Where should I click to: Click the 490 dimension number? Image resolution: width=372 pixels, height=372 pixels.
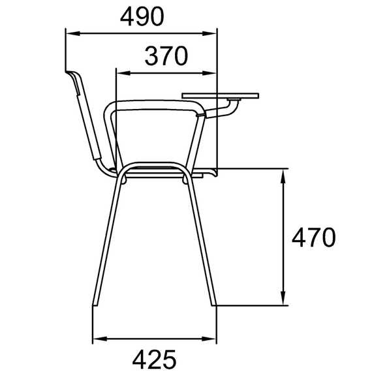click(142, 16)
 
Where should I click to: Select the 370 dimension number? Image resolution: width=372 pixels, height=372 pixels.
click(166, 56)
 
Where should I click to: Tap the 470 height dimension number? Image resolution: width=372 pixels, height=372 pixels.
click(314, 238)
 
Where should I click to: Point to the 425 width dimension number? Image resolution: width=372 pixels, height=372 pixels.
click(154, 359)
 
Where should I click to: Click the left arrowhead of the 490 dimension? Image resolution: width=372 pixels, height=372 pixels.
click(72, 33)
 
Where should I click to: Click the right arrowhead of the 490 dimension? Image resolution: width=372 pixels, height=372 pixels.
click(209, 33)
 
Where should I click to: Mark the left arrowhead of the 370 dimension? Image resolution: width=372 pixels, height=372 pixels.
click(123, 73)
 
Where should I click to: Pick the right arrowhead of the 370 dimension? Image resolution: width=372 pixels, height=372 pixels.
click(209, 73)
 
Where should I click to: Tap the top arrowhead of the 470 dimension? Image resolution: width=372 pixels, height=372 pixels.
click(283, 176)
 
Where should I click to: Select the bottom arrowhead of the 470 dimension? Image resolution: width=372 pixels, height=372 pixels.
click(283, 298)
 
